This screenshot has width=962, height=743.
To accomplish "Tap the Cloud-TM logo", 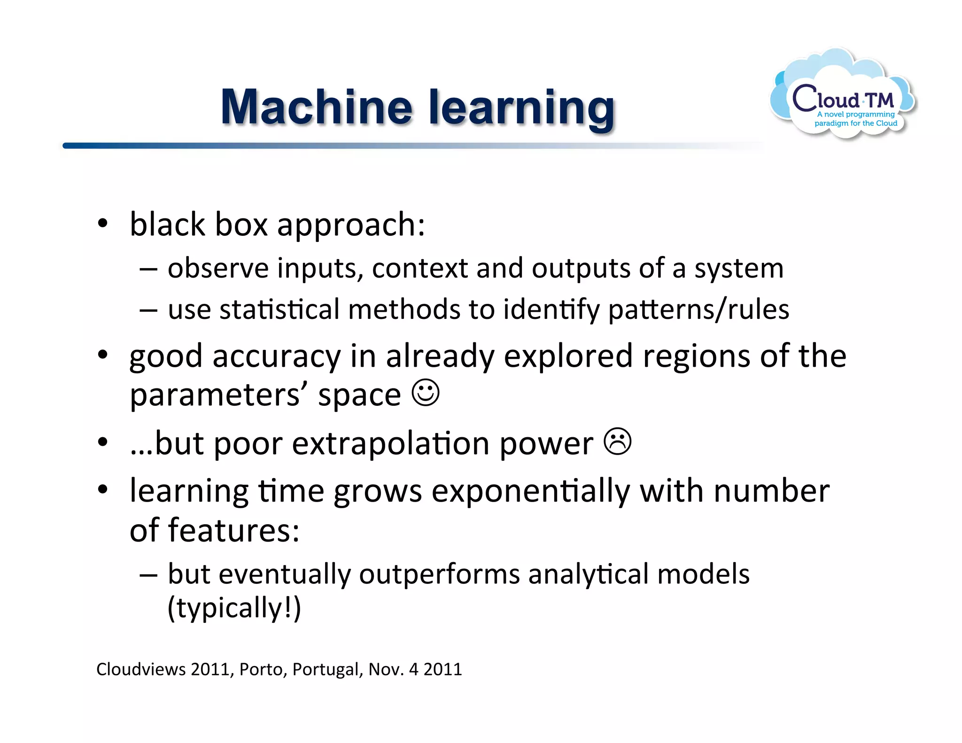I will click(x=844, y=96).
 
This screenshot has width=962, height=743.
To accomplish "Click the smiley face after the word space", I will click(x=426, y=393).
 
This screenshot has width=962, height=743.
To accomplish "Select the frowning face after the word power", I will click(x=617, y=441).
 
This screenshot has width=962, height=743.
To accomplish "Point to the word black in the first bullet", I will click(x=167, y=224).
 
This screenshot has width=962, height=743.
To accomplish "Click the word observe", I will click(x=218, y=268).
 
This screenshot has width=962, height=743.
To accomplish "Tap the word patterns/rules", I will click(x=698, y=310).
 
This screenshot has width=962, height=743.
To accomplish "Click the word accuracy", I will click(x=276, y=356).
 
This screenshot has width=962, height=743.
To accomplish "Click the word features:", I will click(x=233, y=530).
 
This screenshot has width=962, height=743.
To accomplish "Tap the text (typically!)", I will click(x=234, y=608).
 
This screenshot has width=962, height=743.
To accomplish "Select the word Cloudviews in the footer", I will click(x=141, y=669).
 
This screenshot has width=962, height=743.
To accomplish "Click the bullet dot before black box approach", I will click(x=103, y=224).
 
